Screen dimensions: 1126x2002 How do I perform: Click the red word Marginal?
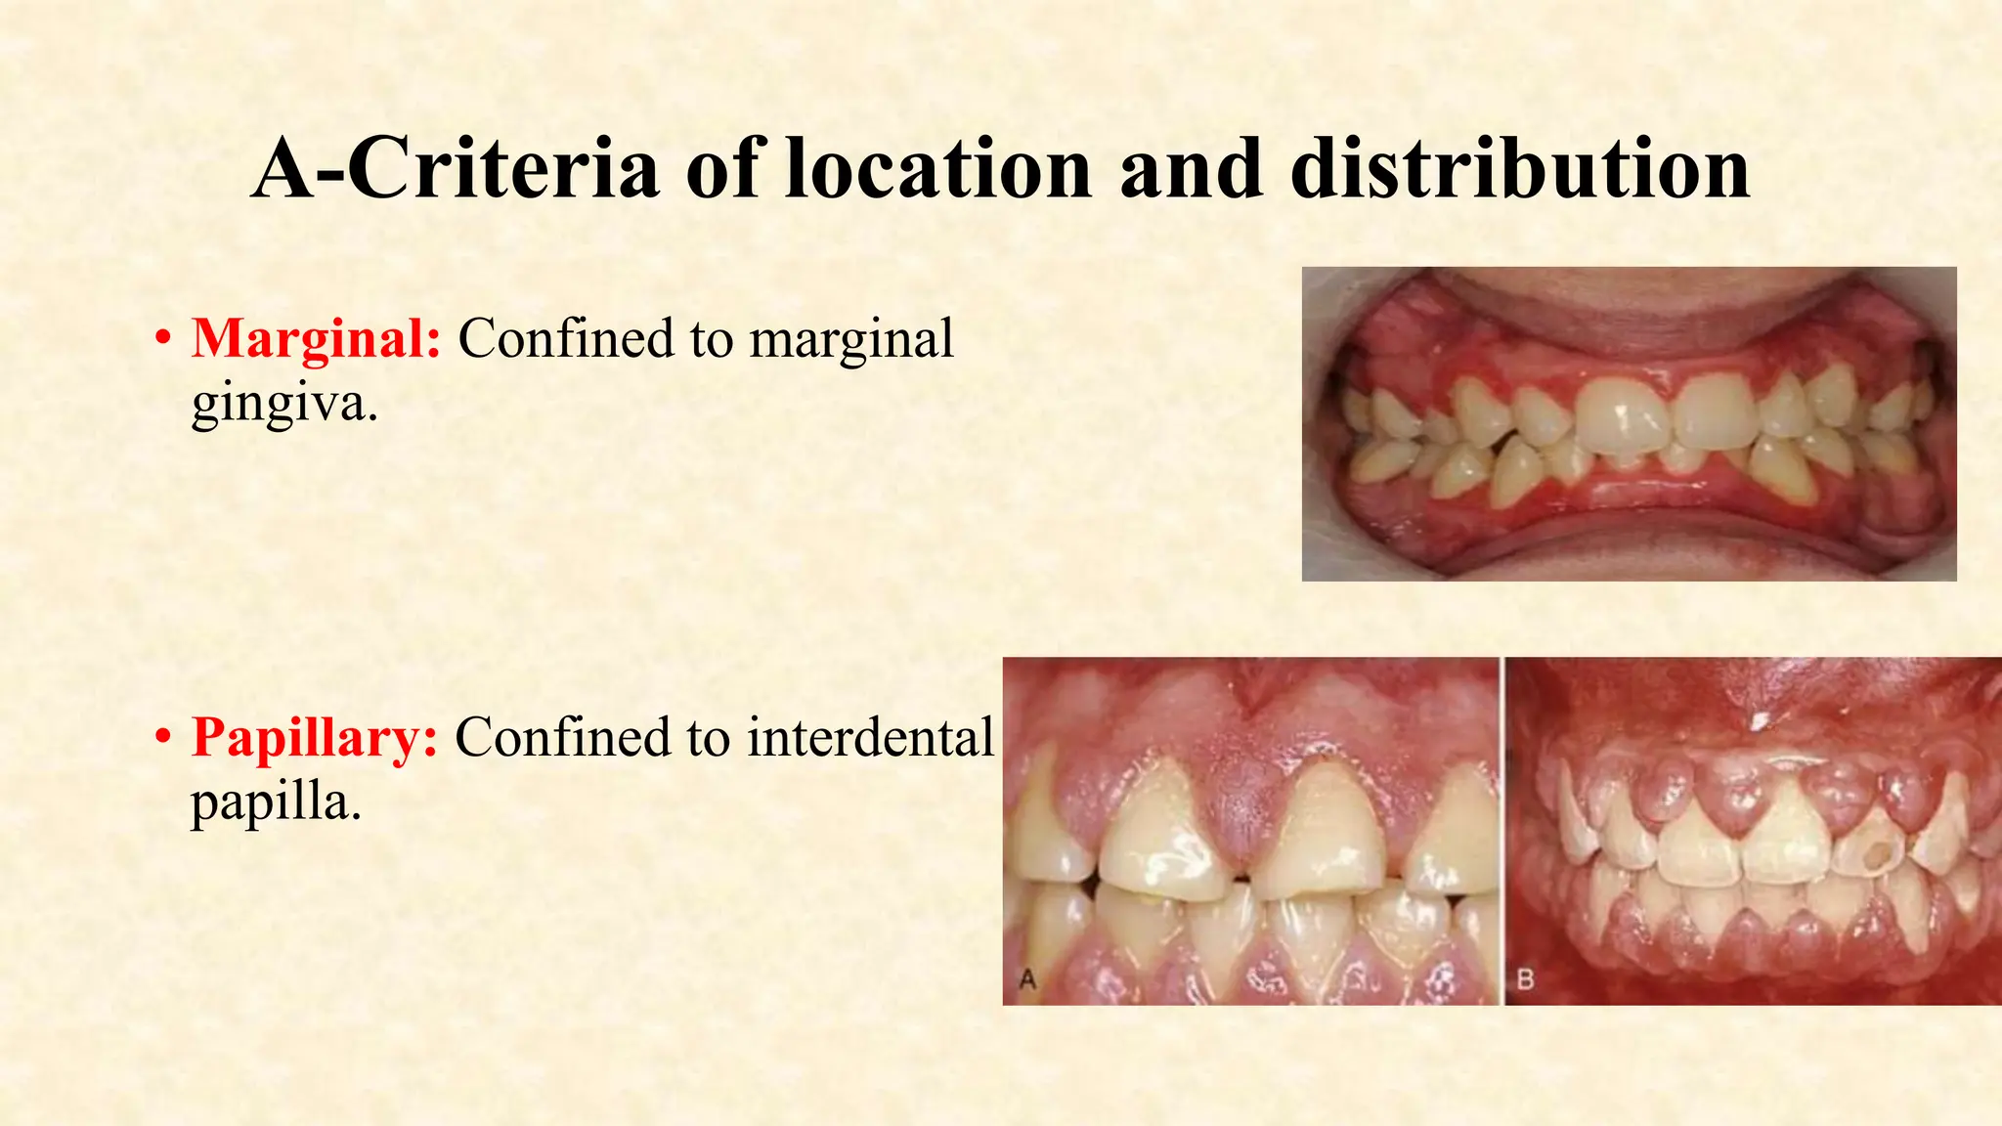pos(316,339)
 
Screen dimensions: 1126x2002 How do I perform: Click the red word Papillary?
pos(314,738)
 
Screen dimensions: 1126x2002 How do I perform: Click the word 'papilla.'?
pos(275,802)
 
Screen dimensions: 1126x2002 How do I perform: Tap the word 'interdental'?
pos(869,738)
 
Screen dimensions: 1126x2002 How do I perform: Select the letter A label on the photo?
pos(1027,977)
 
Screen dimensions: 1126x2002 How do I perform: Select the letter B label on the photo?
pos(1525,977)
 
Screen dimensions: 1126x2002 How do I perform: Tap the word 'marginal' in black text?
pos(850,339)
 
